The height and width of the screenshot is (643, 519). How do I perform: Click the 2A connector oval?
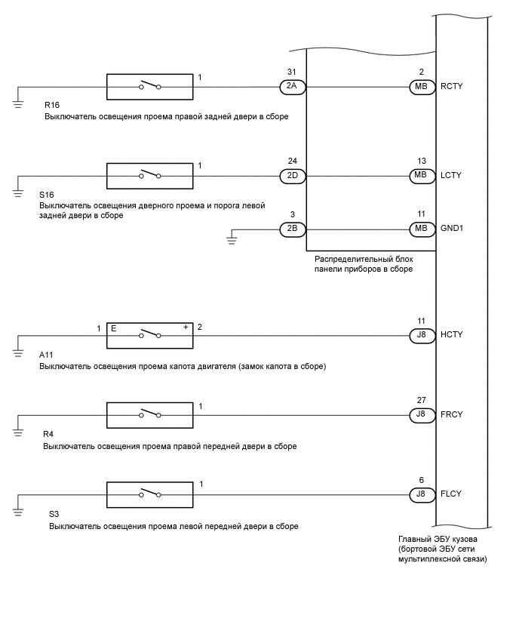tap(292, 87)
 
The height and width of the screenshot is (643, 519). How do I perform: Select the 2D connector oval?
tap(292, 176)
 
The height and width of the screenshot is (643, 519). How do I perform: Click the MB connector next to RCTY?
tap(419, 87)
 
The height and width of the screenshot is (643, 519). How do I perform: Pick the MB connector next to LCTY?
tap(419, 176)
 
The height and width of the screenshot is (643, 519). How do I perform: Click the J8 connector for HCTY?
tap(419, 334)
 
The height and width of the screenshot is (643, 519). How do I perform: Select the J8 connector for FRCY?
tap(419, 414)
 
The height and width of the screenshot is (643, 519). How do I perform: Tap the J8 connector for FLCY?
tap(419, 495)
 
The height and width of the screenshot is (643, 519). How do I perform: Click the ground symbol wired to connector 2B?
tap(233, 241)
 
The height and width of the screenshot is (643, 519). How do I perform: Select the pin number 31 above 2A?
tap(292, 72)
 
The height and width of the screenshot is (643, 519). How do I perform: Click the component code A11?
tap(46, 355)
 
